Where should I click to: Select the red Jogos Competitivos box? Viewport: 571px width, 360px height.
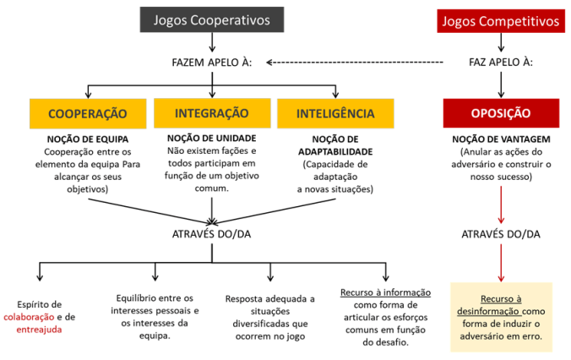501,20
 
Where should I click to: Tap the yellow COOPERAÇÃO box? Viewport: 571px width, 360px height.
88,112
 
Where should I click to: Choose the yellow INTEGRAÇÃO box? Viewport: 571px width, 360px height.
211,112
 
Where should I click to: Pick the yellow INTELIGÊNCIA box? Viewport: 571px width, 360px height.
336,112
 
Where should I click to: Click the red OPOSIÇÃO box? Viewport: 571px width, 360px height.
501,112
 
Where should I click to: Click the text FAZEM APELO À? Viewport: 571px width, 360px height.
212,62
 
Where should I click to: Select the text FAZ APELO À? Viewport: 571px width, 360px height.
501,62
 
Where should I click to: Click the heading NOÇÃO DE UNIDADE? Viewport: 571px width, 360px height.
211,137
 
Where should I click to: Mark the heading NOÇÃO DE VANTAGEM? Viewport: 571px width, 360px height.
501,138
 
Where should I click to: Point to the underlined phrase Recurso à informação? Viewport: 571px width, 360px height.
385,292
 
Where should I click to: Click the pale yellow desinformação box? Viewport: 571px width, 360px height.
501,317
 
